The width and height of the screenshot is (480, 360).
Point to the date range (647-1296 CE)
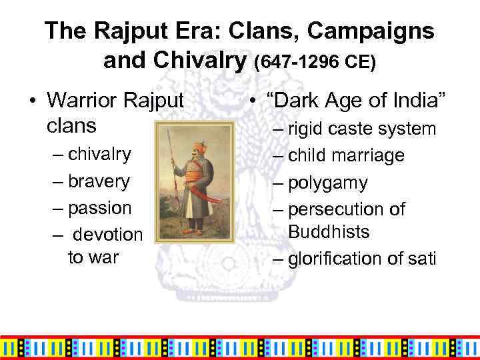click(x=315, y=62)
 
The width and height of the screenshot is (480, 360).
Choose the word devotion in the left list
click(x=108, y=235)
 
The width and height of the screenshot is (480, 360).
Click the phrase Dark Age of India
click(x=350, y=100)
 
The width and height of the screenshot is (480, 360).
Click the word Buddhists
click(x=329, y=232)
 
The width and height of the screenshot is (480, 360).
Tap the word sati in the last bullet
click(x=420, y=258)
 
